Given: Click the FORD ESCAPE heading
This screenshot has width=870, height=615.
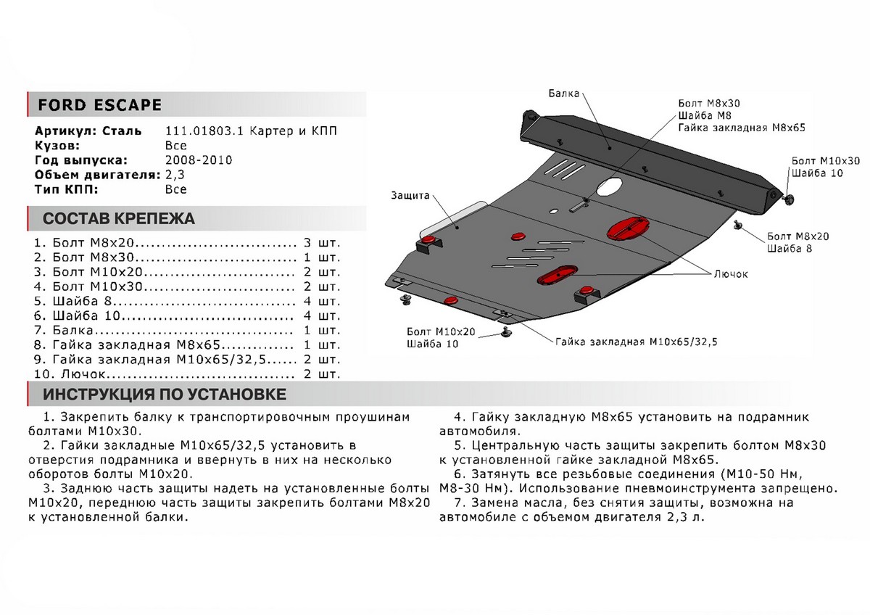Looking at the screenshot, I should tap(99, 105).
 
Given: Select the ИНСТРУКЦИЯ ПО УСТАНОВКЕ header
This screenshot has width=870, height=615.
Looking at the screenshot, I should tap(164, 395).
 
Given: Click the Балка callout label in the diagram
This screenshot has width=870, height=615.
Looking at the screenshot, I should tap(563, 93).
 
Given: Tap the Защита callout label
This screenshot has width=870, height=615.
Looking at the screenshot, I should tap(410, 196).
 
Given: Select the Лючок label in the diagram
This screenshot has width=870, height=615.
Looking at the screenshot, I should tap(730, 274).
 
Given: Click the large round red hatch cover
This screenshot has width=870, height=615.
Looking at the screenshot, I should tap(626, 227).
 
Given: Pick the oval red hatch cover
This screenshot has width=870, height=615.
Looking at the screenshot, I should tap(557, 274).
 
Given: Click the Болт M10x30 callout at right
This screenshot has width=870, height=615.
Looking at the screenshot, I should tap(825, 160).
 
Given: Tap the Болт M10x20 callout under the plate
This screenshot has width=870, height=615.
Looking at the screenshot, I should tap(441, 331).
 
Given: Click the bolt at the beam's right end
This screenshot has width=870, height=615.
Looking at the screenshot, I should tap(788, 197).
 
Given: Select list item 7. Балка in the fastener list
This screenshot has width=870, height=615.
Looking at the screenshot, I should tap(75, 330).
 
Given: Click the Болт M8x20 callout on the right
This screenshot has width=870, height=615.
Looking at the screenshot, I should tap(797, 236).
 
